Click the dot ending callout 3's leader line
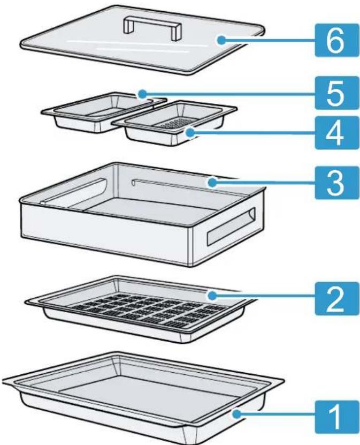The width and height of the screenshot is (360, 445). (213, 182)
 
